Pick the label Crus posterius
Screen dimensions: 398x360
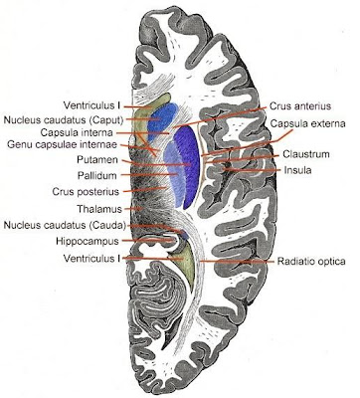[81, 191]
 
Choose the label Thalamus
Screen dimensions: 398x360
[84, 209]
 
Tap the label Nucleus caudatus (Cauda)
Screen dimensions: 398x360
[59, 225]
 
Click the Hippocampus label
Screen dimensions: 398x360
[77, 241]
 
